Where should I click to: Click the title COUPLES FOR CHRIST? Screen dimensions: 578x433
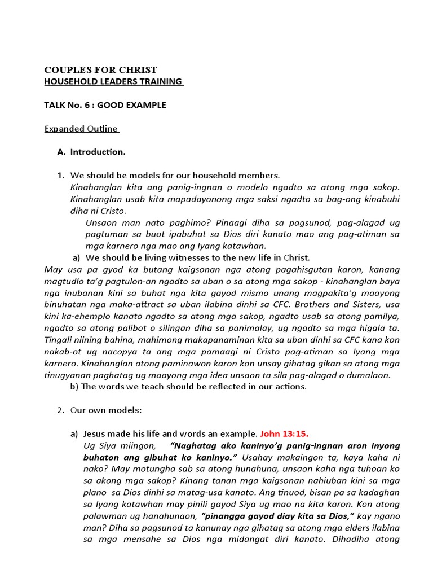click(100, 70)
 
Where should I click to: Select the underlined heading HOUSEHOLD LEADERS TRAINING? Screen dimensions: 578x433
click(113, 82)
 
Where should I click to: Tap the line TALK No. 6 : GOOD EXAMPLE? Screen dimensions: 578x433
click(105, 105)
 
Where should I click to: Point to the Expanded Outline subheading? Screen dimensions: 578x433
click(81, 129)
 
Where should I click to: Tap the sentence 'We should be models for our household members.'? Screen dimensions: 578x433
click(175, 176)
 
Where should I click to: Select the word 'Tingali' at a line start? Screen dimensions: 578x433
click(58, 340)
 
